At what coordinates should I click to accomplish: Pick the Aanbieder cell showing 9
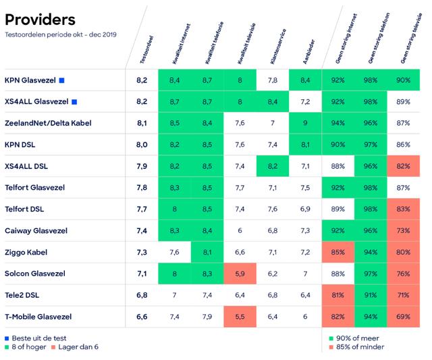(305, 123)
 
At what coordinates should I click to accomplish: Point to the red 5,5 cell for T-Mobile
(240, 316)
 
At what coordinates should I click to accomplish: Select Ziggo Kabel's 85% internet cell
(338, 252)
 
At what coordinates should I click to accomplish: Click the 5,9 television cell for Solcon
(240, 274)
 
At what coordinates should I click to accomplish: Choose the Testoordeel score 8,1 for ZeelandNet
(141, 123)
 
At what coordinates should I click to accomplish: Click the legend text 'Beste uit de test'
(40, 337)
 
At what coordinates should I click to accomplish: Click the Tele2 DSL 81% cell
(338, 295)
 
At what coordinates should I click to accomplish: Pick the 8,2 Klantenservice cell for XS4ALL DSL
(273, 166)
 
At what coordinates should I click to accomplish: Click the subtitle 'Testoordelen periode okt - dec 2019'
(60, 34)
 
